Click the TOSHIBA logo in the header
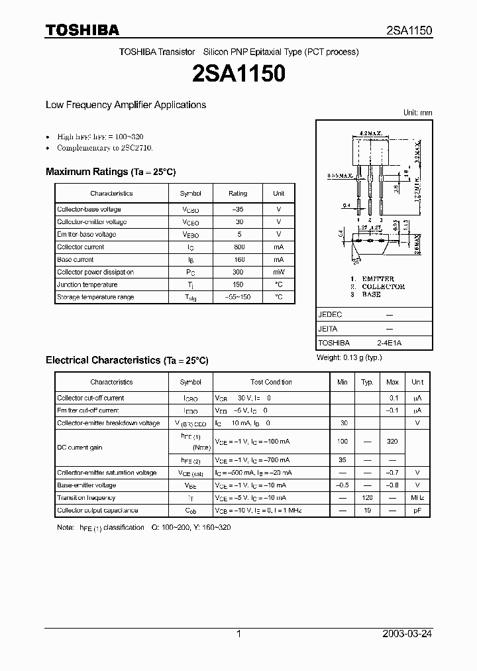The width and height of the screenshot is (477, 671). point(82,30)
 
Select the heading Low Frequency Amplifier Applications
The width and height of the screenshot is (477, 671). point(126,105)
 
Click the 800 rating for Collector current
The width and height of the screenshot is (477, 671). point(238,247)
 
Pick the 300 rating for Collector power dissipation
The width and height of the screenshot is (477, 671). point(238,273)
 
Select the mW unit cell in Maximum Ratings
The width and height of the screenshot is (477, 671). point(278,273)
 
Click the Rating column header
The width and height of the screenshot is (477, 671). point(238,194)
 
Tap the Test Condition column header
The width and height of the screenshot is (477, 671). point(271,383)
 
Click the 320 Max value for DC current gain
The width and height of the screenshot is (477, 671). point(392,441)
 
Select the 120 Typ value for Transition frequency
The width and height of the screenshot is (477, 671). point(367,498)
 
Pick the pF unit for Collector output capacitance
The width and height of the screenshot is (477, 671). point(417,511)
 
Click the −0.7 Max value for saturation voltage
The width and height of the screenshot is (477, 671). point(392,473)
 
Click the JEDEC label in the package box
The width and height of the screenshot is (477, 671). point(331,315)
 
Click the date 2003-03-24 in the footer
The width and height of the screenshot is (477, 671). point(407,634)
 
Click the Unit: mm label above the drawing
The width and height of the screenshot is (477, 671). point(417,113)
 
